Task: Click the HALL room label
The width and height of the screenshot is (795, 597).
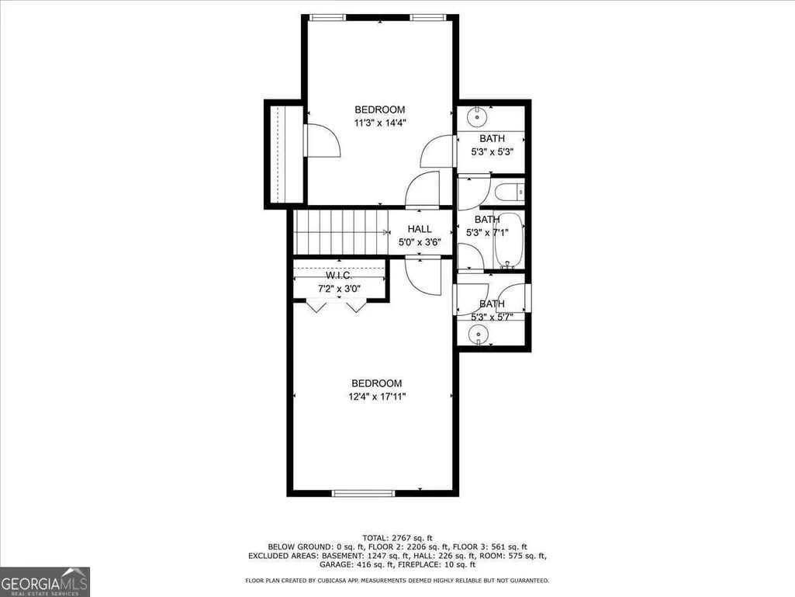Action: point(420,229)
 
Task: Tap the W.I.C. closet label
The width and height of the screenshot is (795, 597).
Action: point(339,275)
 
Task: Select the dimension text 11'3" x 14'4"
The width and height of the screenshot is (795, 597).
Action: point(380,123)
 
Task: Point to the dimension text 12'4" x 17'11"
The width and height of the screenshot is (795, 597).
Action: point(377,397)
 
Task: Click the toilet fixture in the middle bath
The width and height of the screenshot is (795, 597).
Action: point(510,193)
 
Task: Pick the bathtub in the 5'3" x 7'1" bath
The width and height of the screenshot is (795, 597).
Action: point(508,241)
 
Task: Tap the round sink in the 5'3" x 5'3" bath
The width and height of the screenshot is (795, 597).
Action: point(476,117)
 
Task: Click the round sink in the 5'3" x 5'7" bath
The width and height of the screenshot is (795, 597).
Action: point(477,335)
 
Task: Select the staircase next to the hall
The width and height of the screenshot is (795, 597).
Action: point(341,232)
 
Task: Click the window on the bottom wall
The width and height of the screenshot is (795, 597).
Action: point(363,493)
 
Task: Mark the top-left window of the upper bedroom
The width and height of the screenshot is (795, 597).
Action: point(327,18)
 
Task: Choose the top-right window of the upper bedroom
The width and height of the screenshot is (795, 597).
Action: point(428,18)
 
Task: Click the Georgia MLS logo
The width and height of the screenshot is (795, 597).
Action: point(45,581)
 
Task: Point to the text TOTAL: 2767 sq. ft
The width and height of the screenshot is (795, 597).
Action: point(397,537)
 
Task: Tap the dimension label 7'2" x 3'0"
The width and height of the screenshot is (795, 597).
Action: point(339,289)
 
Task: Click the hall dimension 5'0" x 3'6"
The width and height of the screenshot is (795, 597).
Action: point(420,242)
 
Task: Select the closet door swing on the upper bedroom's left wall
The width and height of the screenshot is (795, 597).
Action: point(321,141)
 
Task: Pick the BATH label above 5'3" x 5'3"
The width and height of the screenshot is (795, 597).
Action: point(492,138)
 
